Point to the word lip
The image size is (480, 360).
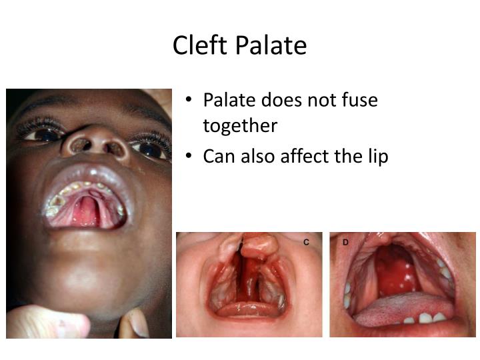point(376,156)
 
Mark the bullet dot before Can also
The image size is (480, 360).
point(189,156)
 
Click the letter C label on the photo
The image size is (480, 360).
point(306,242)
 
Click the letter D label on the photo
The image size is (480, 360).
point(345,242)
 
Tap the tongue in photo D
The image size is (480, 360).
point(393,311)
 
